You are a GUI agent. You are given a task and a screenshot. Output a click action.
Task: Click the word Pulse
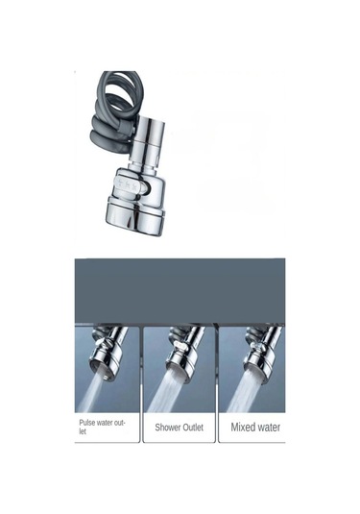[86, 423]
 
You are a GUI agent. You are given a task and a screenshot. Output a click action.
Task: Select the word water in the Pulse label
[105, 423]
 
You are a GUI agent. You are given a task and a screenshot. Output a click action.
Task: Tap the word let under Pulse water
[83, 431]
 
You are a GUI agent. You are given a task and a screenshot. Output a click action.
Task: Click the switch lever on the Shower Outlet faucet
[181, 345]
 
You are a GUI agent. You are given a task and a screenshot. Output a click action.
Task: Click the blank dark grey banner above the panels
[180, 290]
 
